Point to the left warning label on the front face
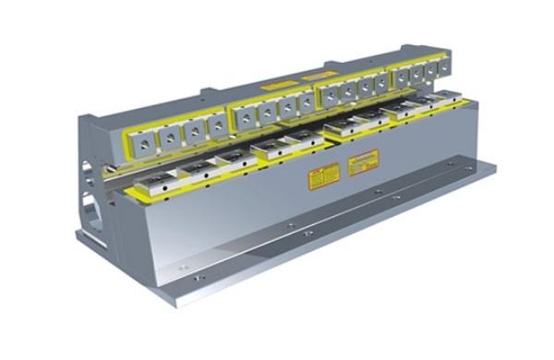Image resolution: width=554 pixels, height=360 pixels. tap(323, 177)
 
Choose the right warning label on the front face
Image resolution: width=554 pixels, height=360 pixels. tap(362, 165)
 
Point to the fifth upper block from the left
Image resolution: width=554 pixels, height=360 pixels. tap(245, 115)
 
